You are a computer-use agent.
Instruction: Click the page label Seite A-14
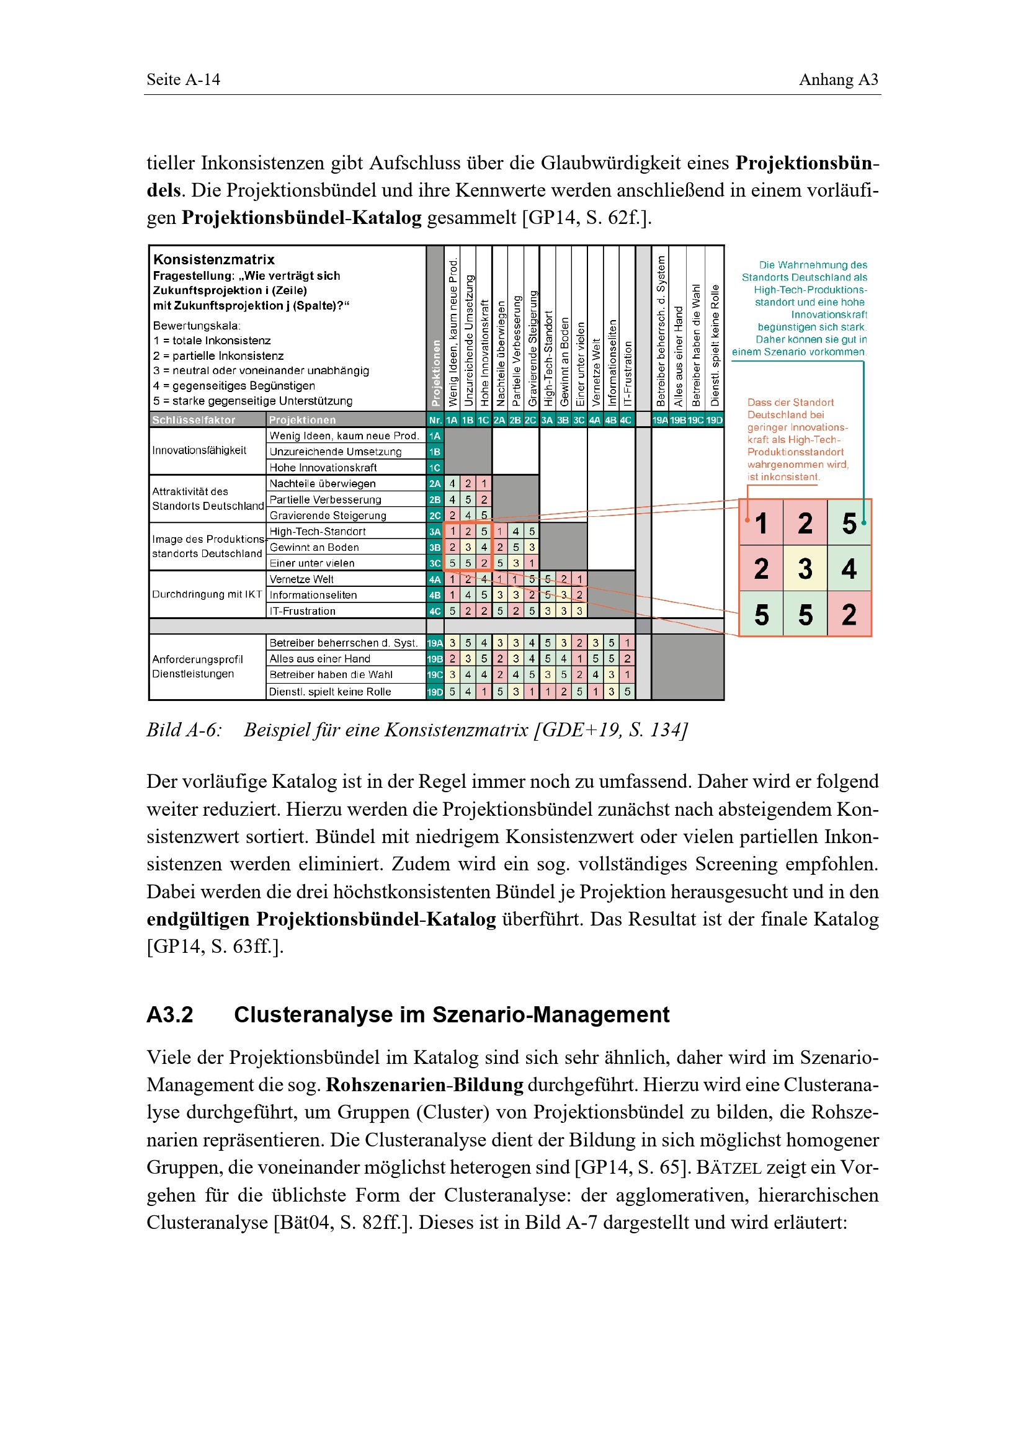click(x=183, y=79)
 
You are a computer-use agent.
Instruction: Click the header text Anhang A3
click(x=839, y=79)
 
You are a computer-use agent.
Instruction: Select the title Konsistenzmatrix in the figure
click(x=214, y=259)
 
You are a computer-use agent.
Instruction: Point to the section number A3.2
click(x=170, y=1015)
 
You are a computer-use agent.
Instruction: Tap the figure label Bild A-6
click(x=184, y=730)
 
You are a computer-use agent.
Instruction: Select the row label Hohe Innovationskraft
click(x=323, y=468)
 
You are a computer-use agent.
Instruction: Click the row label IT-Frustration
click(x=302, y=611)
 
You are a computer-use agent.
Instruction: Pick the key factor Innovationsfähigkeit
click(x=199, y=450)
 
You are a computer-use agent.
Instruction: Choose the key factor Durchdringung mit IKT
click(x=207, y=595)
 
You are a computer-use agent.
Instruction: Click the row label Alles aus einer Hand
click(x=319, y=659)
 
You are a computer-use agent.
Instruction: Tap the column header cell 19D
click(x=714, y=420)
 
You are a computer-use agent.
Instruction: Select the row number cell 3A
click(x=435, y=532)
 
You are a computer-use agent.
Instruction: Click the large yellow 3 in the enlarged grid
click(x=805, y=569)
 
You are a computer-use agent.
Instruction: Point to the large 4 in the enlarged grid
click(x=849, y=569)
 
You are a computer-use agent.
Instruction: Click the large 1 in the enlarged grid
click(x=761, y=524)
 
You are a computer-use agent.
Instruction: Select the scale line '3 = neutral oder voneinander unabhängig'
click(x=261, y=371)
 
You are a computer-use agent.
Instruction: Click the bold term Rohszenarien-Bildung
click(x=424, y=1085)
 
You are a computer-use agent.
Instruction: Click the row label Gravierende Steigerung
click(x=328, y=516)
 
